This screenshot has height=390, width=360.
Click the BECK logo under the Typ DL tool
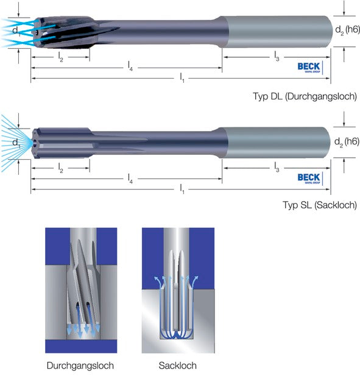(309, 66)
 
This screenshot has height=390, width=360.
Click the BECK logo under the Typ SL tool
(309, 178)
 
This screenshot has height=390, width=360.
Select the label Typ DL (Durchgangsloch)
(305, 96)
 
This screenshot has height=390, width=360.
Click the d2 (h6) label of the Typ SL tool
(347, 142)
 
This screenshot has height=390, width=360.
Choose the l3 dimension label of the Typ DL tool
(277, 57)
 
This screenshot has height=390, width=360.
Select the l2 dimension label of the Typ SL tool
(60, 166)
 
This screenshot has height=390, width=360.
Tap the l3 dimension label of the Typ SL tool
(277, 167)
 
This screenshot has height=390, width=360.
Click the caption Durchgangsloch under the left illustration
(80, 366)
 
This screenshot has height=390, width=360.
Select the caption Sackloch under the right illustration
(177, 366)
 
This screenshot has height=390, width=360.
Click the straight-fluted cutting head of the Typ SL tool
(61, 142)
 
